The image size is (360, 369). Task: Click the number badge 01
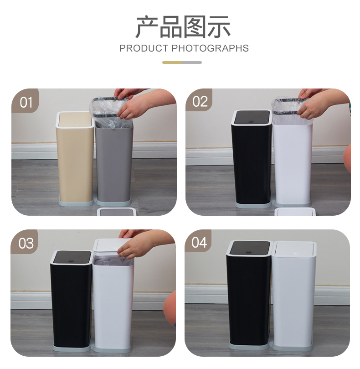(x=25, y=101)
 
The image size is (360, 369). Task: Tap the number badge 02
(x=199, y=100)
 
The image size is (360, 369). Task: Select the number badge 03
(x=25, y=242)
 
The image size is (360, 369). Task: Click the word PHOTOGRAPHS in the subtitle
(x=210, y=48)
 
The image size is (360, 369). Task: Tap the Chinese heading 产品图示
(x=183, y=27)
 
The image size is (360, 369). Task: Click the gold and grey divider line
(x=182, y=62)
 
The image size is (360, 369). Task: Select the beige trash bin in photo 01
(x=75, y=158)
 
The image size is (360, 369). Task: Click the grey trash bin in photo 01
(x=114, y=162)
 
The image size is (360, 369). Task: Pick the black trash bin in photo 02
(x=252, y=158)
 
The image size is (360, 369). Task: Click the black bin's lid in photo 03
(x=72, y=257)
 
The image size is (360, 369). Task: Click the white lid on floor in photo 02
(x=295, y=211)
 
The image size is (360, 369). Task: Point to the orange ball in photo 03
(x=170, y=308)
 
